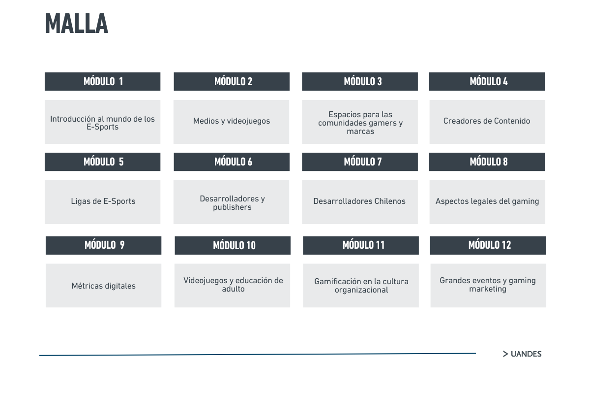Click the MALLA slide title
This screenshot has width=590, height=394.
[x=76, y=24]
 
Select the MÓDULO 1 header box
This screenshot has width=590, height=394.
[x=102, y=82]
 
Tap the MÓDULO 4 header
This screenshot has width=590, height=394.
[x=487, y=82]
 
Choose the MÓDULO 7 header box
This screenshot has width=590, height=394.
[x=360, y=162]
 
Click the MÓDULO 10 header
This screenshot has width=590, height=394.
[x=233, y=245]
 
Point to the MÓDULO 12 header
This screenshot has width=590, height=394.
[x=488, y=245]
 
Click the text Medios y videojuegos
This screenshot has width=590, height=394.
[x=232, y=121]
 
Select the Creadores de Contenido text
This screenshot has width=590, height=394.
[x=487, y=121]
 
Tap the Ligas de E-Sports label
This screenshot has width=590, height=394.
[x=103, y=201]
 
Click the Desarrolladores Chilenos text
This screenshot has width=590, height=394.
[x=359, y=201]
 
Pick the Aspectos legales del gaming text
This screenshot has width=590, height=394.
[x=487, y=201]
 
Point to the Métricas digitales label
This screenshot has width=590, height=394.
[x=104, y=286]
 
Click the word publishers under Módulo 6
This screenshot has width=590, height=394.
[x=232, y=207]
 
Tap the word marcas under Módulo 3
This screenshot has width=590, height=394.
[x=360, y=131]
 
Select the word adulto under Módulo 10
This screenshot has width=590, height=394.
[x=233, y=289]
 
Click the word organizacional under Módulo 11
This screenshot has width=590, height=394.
[x=361, y=290]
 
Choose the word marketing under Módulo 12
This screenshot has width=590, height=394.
[x=488, y=289]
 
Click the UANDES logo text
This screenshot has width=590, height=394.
[x=526, y=354]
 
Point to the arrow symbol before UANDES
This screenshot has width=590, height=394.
[x=505, y=354]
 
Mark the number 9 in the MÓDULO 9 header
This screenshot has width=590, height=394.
[x=122, y=245]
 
